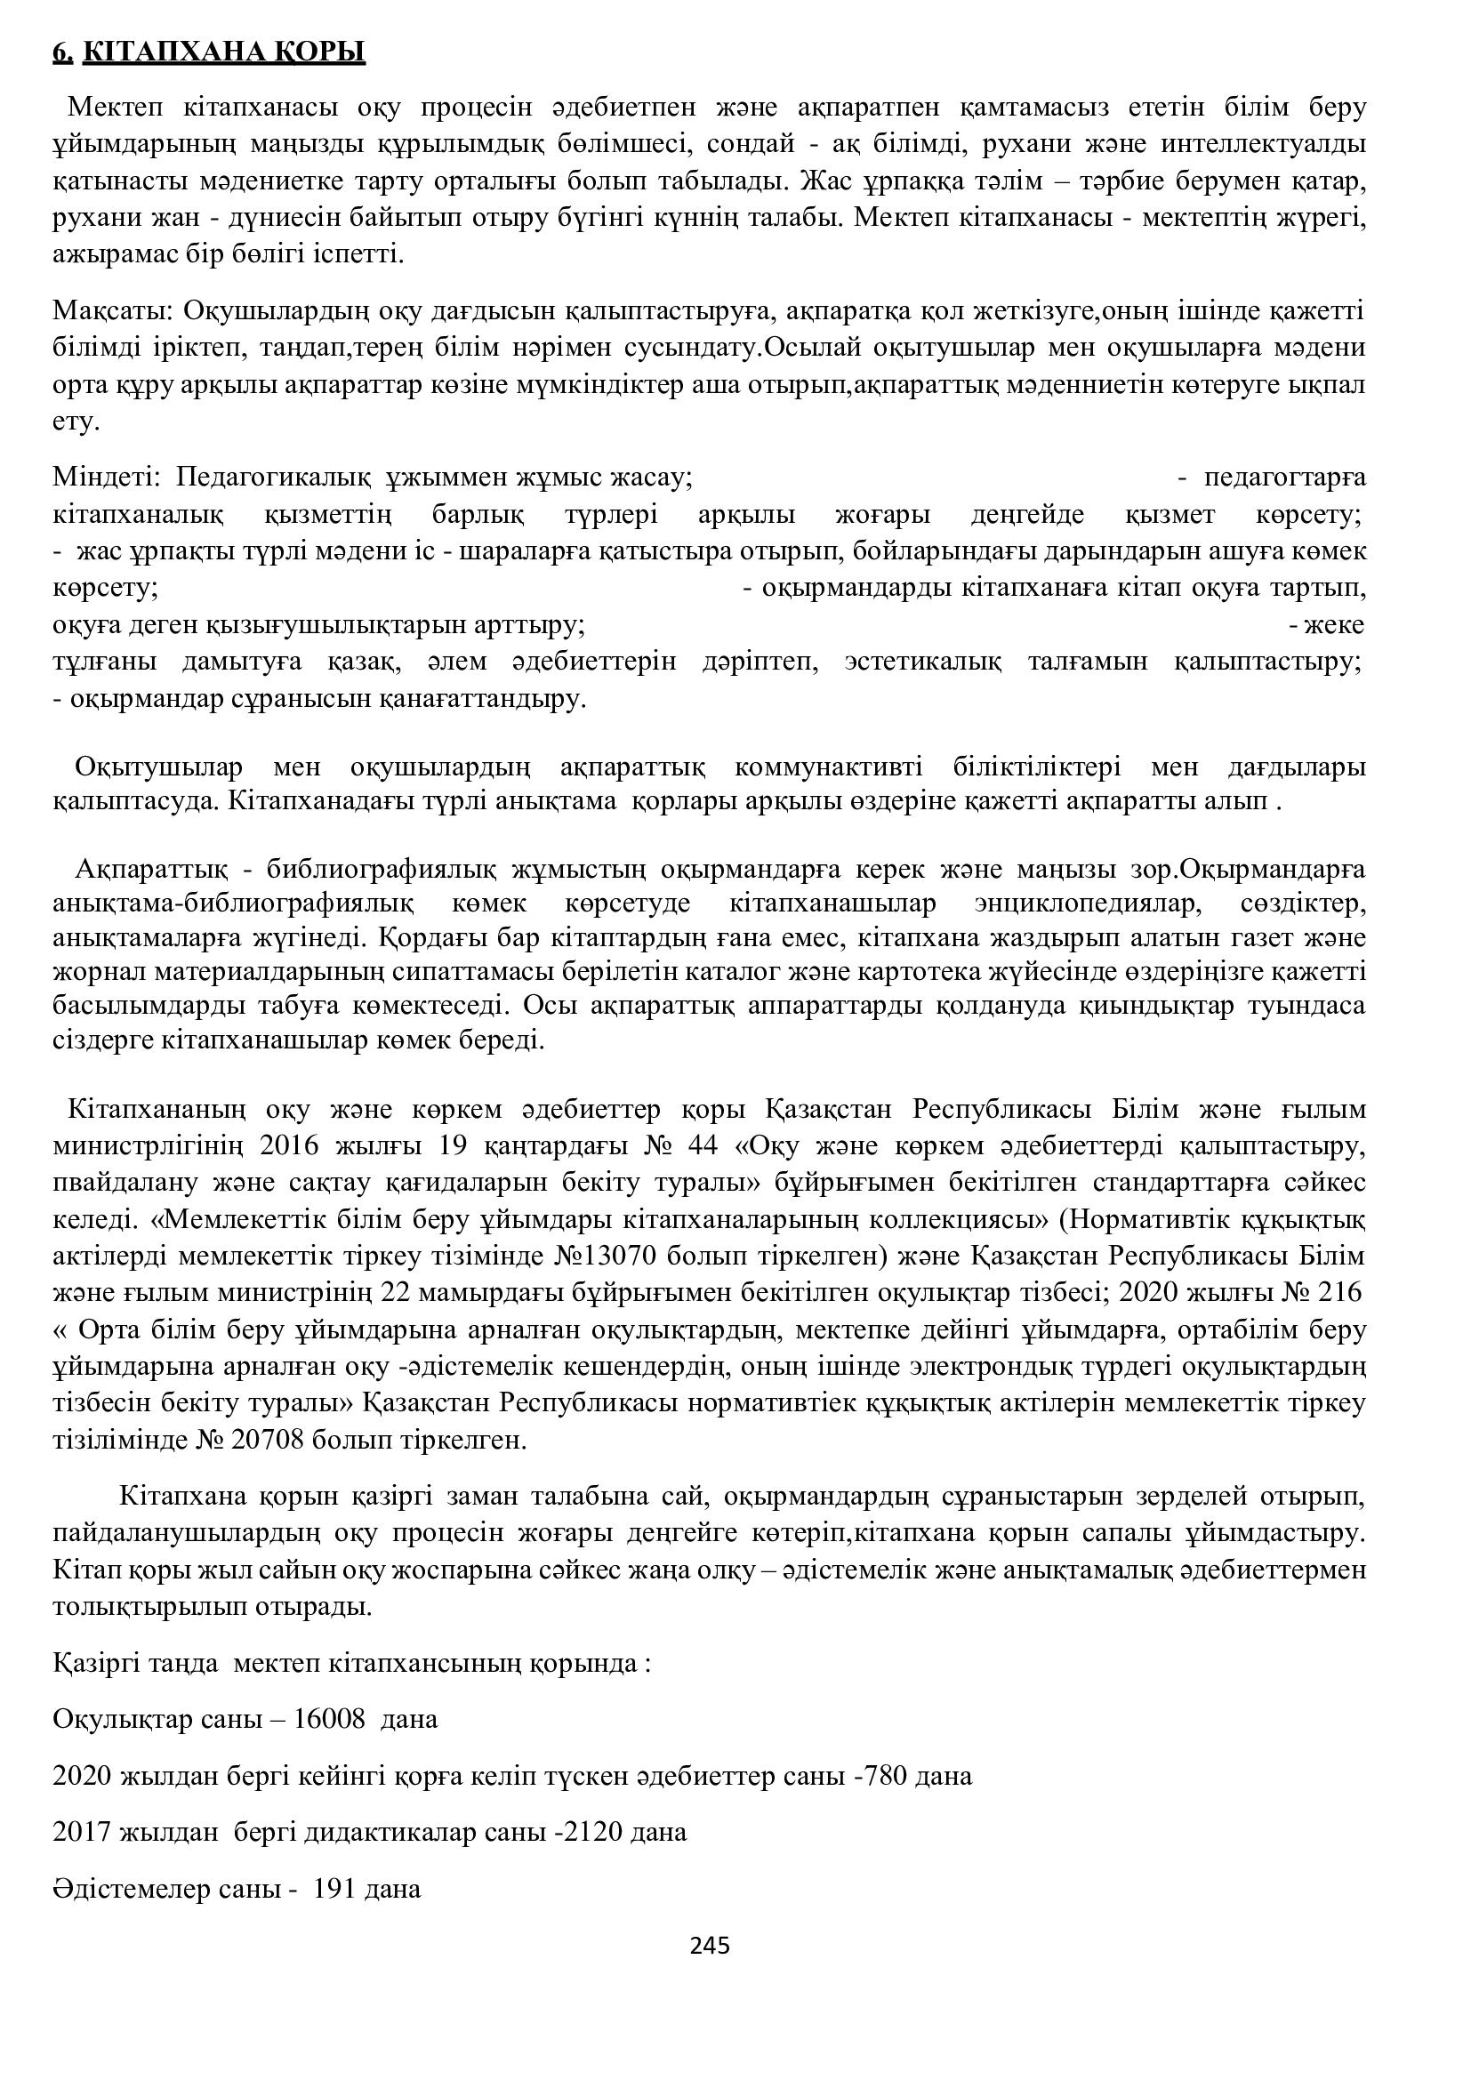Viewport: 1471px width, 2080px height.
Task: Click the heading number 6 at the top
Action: coord(61,52)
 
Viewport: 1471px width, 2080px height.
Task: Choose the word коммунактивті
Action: coord(829,767)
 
